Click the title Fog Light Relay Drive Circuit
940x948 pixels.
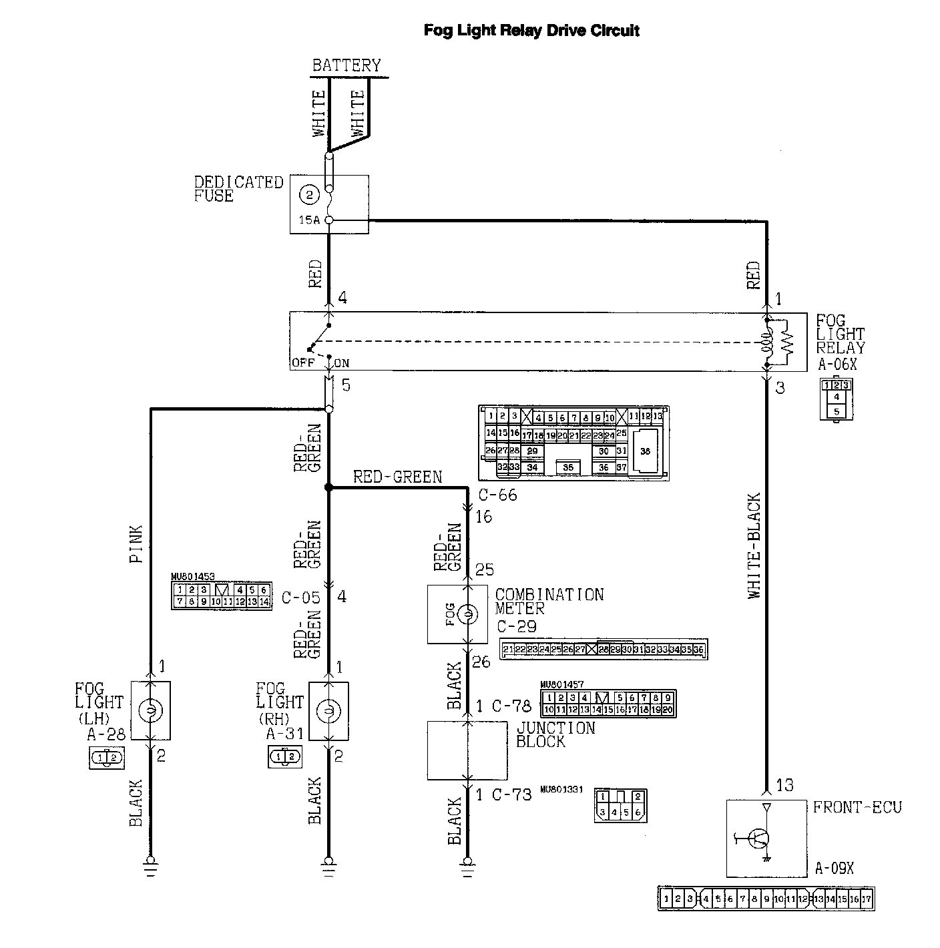tap(531, 31)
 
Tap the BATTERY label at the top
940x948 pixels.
tap(346, 65)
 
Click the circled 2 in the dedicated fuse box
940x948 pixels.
tap(309, 196)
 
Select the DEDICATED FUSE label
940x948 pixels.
tap(238, 189)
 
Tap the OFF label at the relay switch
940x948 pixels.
tap(303, 363)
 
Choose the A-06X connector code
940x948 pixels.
tap(837, 365)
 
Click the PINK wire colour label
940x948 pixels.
tap(136, 545)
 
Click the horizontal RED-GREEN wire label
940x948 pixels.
tap(397, 477)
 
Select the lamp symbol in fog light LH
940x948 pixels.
tap(150, 710)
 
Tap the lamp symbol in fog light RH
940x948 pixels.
tap(328, 710)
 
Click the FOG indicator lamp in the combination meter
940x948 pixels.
tap(467, 614)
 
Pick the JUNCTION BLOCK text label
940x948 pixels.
tap(555, 734)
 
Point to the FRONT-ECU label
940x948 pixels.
tap(857, 808)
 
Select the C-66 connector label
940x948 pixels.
tap(498, 495)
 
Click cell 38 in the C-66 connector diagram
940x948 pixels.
tap(644, 451)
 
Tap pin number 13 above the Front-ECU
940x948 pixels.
tap(784, 786)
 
